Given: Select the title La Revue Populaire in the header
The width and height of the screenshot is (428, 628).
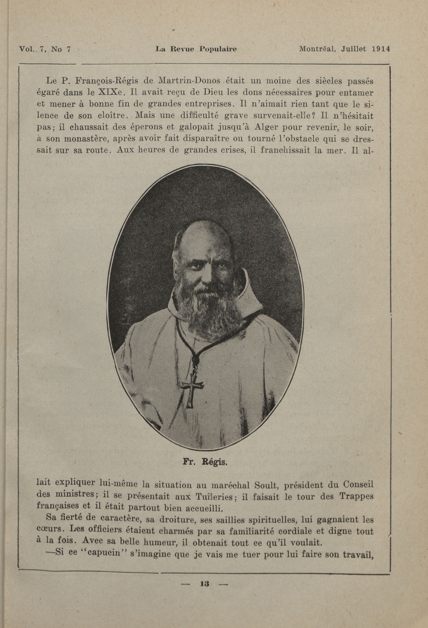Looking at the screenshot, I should tap(196, 49).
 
